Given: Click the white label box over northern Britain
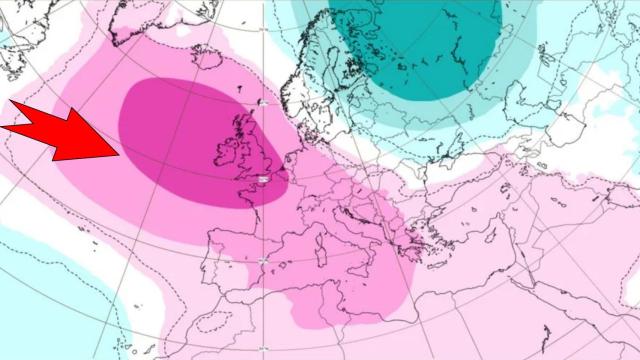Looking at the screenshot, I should [263, 102].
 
